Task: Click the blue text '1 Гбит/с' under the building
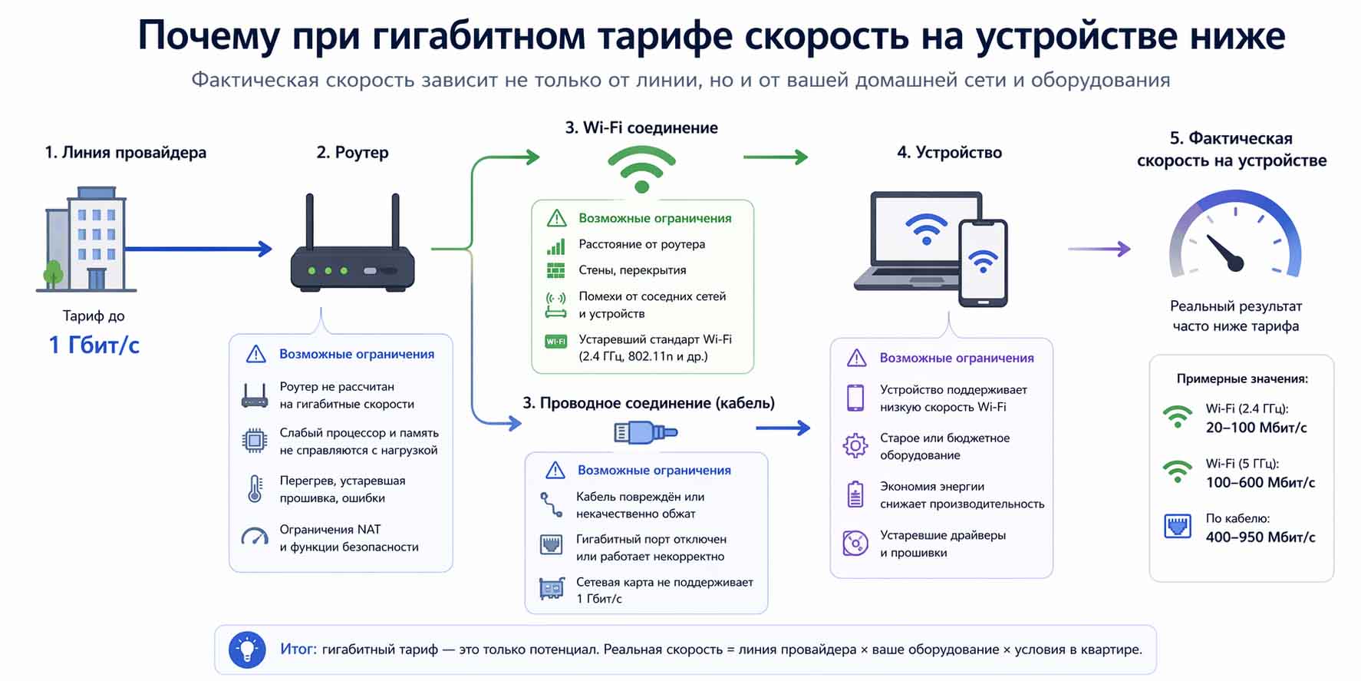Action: point(94,345)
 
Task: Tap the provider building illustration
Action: point(87,240)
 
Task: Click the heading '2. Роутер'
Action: point(352,152)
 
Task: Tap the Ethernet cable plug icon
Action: point(645,433)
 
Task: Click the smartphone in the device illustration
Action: point(983,263)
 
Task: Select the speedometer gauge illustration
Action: point(1234,238)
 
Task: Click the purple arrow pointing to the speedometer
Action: point(1099,249)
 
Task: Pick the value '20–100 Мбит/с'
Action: point(1256,428)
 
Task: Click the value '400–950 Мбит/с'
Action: point(1260,537)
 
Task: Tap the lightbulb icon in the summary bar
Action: point(247,650)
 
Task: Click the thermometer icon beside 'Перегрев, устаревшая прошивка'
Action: point(255,489)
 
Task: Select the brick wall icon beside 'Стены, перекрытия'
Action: point(555,270)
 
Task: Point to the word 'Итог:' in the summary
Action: point(298,650)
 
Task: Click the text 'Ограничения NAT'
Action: point(330,529)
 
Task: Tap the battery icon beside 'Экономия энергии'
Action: point(855,494)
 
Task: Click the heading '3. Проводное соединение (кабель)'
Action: point(648,403)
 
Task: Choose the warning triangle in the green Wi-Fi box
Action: point(556,218)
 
